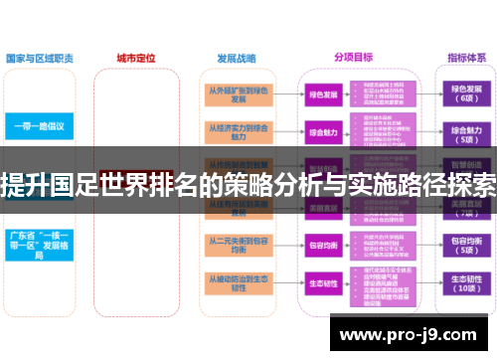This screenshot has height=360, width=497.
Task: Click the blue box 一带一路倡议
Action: [39, 126]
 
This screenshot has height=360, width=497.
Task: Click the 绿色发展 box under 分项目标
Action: [323, 94]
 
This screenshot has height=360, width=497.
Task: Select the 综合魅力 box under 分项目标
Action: [323, 132]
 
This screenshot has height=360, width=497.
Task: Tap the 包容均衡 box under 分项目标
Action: [323, 245]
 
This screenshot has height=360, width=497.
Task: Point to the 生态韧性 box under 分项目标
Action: [323, 282]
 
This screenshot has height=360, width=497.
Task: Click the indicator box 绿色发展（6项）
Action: [466, 94]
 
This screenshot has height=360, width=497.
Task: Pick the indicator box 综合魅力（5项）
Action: [466, 132]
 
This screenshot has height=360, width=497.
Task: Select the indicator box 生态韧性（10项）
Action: [466, 282]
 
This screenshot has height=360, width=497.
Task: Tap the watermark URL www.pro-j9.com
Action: [414, 335]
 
